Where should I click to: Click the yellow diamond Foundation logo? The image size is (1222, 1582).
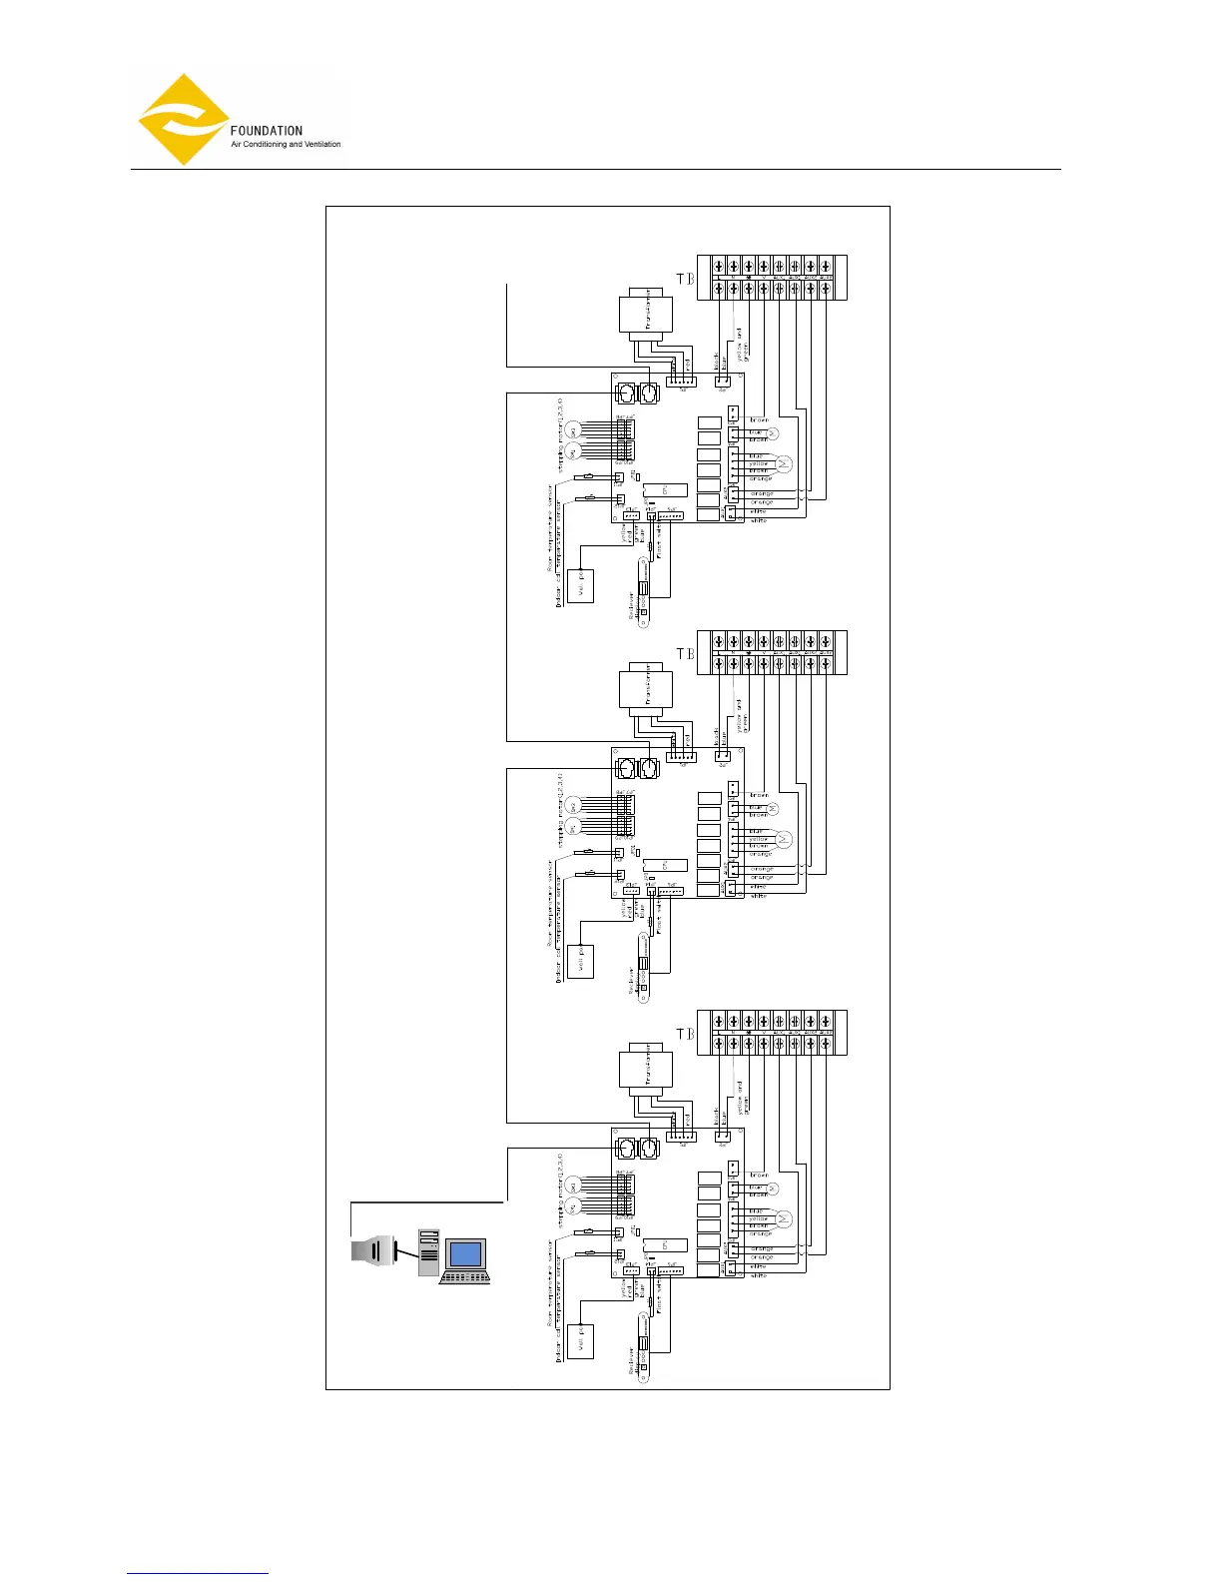183,119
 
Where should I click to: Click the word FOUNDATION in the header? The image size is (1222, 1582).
266,131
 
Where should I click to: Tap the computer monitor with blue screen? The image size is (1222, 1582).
465,1253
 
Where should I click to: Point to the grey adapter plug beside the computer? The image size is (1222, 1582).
370,1249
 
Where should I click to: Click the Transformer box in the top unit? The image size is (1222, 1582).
645,313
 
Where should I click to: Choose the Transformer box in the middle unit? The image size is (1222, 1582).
645,689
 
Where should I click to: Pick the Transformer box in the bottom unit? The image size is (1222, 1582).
645,1069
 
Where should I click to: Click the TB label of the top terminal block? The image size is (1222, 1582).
685,279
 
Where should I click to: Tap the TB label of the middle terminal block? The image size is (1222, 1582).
685,654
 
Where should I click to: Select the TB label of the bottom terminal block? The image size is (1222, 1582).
685,1034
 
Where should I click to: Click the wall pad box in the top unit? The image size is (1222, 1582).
580,585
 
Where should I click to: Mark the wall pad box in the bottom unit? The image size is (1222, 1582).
580,1341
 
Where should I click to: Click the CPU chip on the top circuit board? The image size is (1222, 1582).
665,489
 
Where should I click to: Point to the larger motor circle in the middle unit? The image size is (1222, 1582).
784,839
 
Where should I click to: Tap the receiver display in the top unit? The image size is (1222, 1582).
644,591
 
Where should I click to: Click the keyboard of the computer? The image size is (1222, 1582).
465,1277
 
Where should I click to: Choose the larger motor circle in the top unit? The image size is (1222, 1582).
784,463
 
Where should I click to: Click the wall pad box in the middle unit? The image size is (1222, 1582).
580,961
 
